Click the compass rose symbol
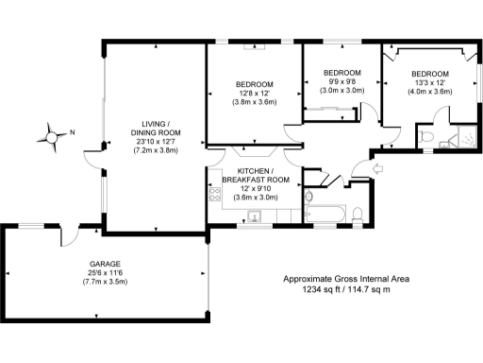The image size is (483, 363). (x=50, y=135)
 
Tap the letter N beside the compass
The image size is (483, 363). (x=72, y=132)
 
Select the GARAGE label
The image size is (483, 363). (x=106, y=264)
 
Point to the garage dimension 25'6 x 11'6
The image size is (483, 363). (x=105, y=273)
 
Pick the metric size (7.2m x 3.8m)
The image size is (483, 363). (x=155, y=151)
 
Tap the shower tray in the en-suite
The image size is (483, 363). (x=461, y=139)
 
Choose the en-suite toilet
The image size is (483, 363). (x=429, y=137)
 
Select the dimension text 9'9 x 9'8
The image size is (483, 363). (x=341, y=82)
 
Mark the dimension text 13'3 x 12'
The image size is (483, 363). (x=429, y=82)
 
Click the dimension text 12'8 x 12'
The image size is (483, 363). (x=254, y=93)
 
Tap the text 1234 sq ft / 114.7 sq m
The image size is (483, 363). (x=349, y=289)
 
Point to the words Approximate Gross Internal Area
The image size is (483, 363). (x=349, y=279)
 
